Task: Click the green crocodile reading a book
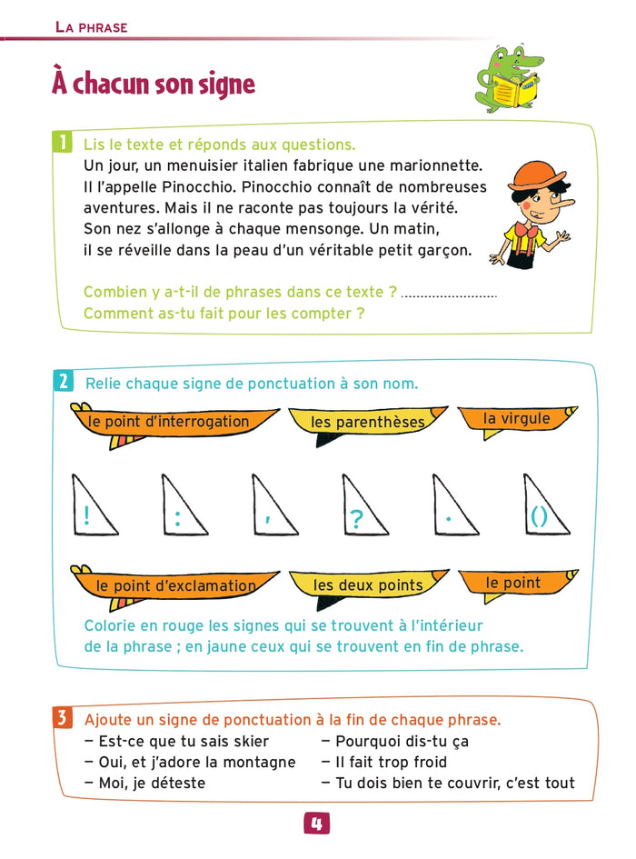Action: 509,80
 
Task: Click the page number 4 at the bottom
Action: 317,824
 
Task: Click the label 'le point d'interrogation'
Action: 169,422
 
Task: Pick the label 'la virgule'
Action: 516,419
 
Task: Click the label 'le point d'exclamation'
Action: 176,586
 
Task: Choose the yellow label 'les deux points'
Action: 368,585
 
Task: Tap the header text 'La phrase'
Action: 91,27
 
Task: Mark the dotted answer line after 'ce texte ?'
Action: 449,295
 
